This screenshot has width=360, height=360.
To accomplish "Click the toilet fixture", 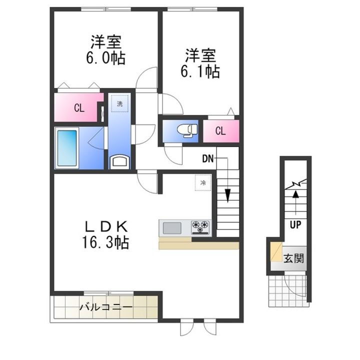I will point(188,130).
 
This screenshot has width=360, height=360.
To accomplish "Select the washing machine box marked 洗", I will point(119,104).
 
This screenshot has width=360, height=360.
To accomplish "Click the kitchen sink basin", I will point(172,228).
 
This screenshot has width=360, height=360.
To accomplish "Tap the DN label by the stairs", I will point(208,159).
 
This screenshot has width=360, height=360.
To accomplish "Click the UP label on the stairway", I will point(295,224).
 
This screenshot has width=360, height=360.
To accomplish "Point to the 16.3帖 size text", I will point(106,243).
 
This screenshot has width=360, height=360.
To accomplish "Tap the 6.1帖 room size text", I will point(199,70).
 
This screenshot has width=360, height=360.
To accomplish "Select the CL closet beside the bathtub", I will point(79,108).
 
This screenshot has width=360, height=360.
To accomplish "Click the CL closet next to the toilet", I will point(220,131).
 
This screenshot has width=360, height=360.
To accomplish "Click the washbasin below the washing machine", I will point(120,160).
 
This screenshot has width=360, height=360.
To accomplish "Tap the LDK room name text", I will point(106,225).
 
